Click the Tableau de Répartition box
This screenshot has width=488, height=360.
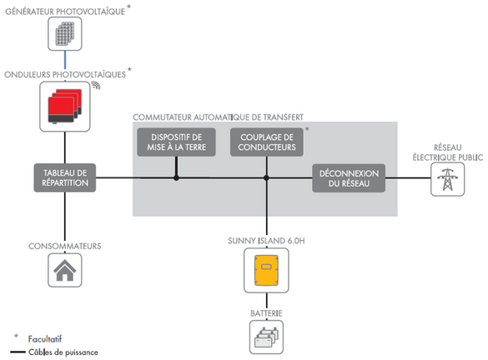coord(65,177)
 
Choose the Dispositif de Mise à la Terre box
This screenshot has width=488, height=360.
coord(175,142)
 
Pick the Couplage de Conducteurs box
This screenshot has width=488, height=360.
coord(265,142)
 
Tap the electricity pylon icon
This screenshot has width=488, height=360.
coord(447,178)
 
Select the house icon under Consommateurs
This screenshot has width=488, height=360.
coord(65,269)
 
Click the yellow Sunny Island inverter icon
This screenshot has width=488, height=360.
coord(265,272)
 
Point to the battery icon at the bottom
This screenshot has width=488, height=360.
coord(265,337)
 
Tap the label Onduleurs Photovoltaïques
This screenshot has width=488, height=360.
coord(64,73)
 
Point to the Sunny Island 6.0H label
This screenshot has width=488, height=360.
coord(265,240)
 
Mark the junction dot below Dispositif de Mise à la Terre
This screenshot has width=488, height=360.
coord(175,177)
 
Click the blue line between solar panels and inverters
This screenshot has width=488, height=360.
coord(65,64)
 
